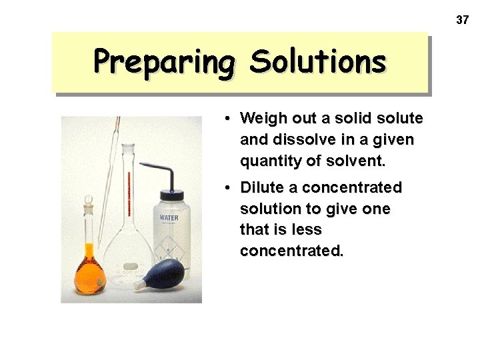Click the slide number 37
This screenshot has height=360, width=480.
462,20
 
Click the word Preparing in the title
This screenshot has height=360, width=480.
164,61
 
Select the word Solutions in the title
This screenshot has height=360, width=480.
317,61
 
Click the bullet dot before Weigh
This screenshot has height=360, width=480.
227,119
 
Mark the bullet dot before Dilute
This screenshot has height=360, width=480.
227,187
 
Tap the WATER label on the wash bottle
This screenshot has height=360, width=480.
169,218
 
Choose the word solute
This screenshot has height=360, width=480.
399,119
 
